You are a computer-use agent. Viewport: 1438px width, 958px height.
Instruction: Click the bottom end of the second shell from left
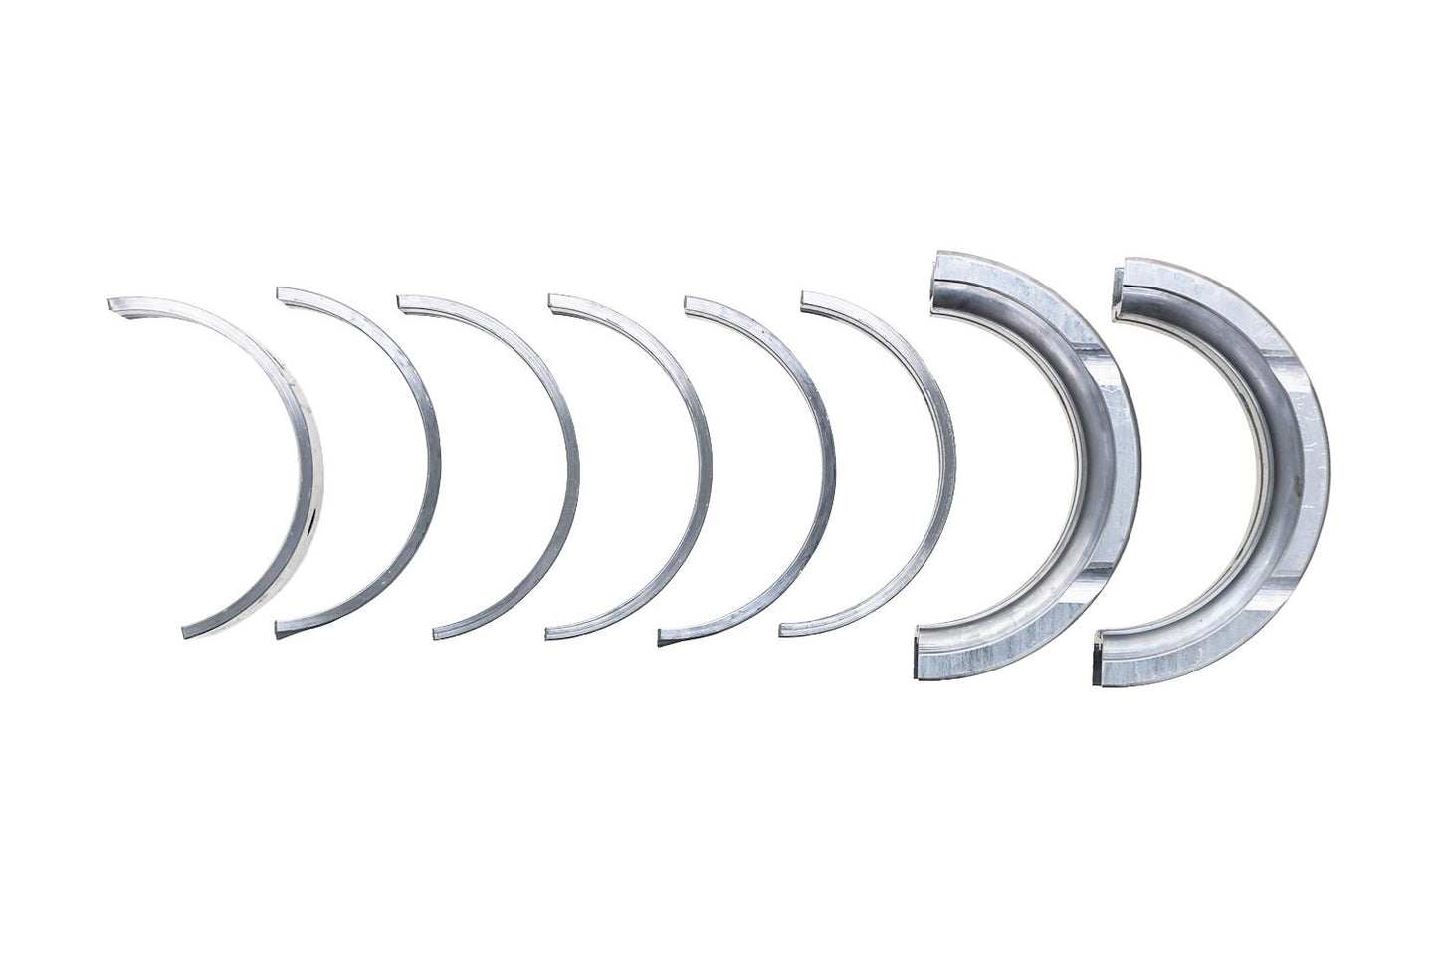(279, 629)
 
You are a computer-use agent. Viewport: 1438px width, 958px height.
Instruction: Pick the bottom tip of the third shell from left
(439, 630)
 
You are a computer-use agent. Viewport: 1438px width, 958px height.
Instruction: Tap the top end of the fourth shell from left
(553, 300)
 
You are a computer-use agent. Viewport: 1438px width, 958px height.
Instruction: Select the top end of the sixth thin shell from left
(806, 298)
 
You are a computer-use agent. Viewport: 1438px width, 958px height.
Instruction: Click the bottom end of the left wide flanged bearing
(918, 657)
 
